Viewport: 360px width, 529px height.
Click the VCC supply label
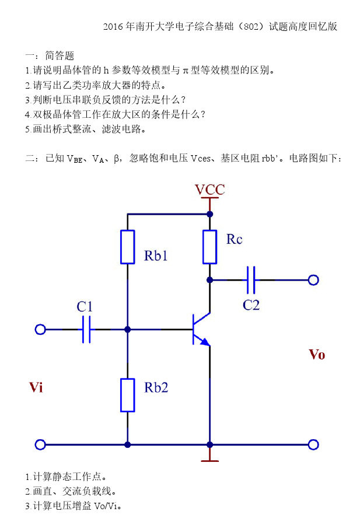[209, 190]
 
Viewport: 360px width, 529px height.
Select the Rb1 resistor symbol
[127, 247]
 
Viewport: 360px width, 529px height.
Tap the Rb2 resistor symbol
[127, 395]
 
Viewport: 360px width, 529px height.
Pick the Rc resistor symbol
[210, 247]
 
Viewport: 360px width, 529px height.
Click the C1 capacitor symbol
[87, 330]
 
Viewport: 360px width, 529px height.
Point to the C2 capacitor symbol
[251, 280]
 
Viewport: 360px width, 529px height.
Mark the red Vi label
[36, 387]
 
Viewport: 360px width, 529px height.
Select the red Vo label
[317, 355]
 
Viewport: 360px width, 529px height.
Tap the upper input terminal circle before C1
[40, 330]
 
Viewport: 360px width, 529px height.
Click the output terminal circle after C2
[313, 280]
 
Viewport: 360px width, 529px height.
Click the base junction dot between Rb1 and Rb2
[127, 330]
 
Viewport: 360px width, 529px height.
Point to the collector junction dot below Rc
[210, 280]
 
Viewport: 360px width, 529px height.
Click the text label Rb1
[156, 255]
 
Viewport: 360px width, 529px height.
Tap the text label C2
[251, 305]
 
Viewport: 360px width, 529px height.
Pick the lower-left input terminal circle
[40, 445]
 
